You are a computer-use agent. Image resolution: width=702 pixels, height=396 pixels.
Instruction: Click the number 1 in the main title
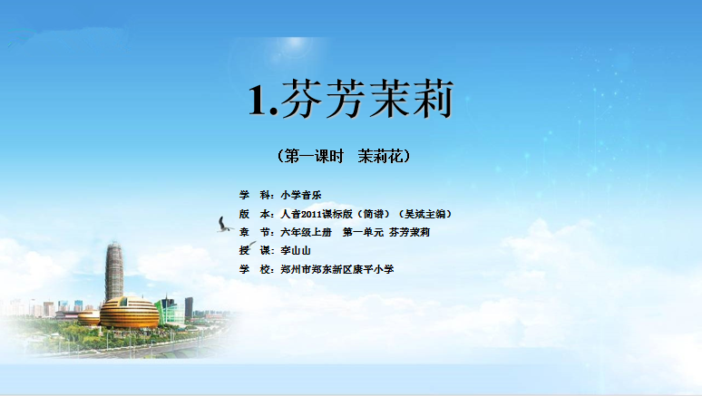258,101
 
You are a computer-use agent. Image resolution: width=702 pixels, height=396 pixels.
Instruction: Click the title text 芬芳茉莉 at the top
367,99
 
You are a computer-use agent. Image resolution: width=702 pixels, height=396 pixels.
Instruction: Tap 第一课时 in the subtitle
315,156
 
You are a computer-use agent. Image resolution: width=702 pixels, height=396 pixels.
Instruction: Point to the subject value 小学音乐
301,195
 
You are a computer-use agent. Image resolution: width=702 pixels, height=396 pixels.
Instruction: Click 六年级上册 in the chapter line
307,232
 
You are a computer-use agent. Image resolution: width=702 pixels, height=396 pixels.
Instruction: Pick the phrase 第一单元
363,232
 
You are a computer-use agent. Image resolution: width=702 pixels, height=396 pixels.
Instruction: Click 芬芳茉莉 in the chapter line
410,232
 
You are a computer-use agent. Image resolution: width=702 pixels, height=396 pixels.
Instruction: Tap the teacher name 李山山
296,251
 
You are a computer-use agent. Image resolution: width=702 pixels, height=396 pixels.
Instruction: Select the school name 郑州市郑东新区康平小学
337,269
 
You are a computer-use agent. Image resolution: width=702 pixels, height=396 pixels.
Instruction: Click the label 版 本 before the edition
256,214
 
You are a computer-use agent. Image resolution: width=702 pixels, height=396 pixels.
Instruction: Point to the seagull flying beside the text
224,225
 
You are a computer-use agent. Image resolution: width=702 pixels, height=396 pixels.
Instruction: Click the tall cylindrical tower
113,272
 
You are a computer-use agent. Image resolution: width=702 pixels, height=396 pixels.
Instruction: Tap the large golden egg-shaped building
129,313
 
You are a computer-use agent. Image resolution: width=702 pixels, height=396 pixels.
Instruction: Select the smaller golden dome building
89,317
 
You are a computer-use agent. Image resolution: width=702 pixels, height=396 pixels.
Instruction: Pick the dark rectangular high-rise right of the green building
189,307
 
